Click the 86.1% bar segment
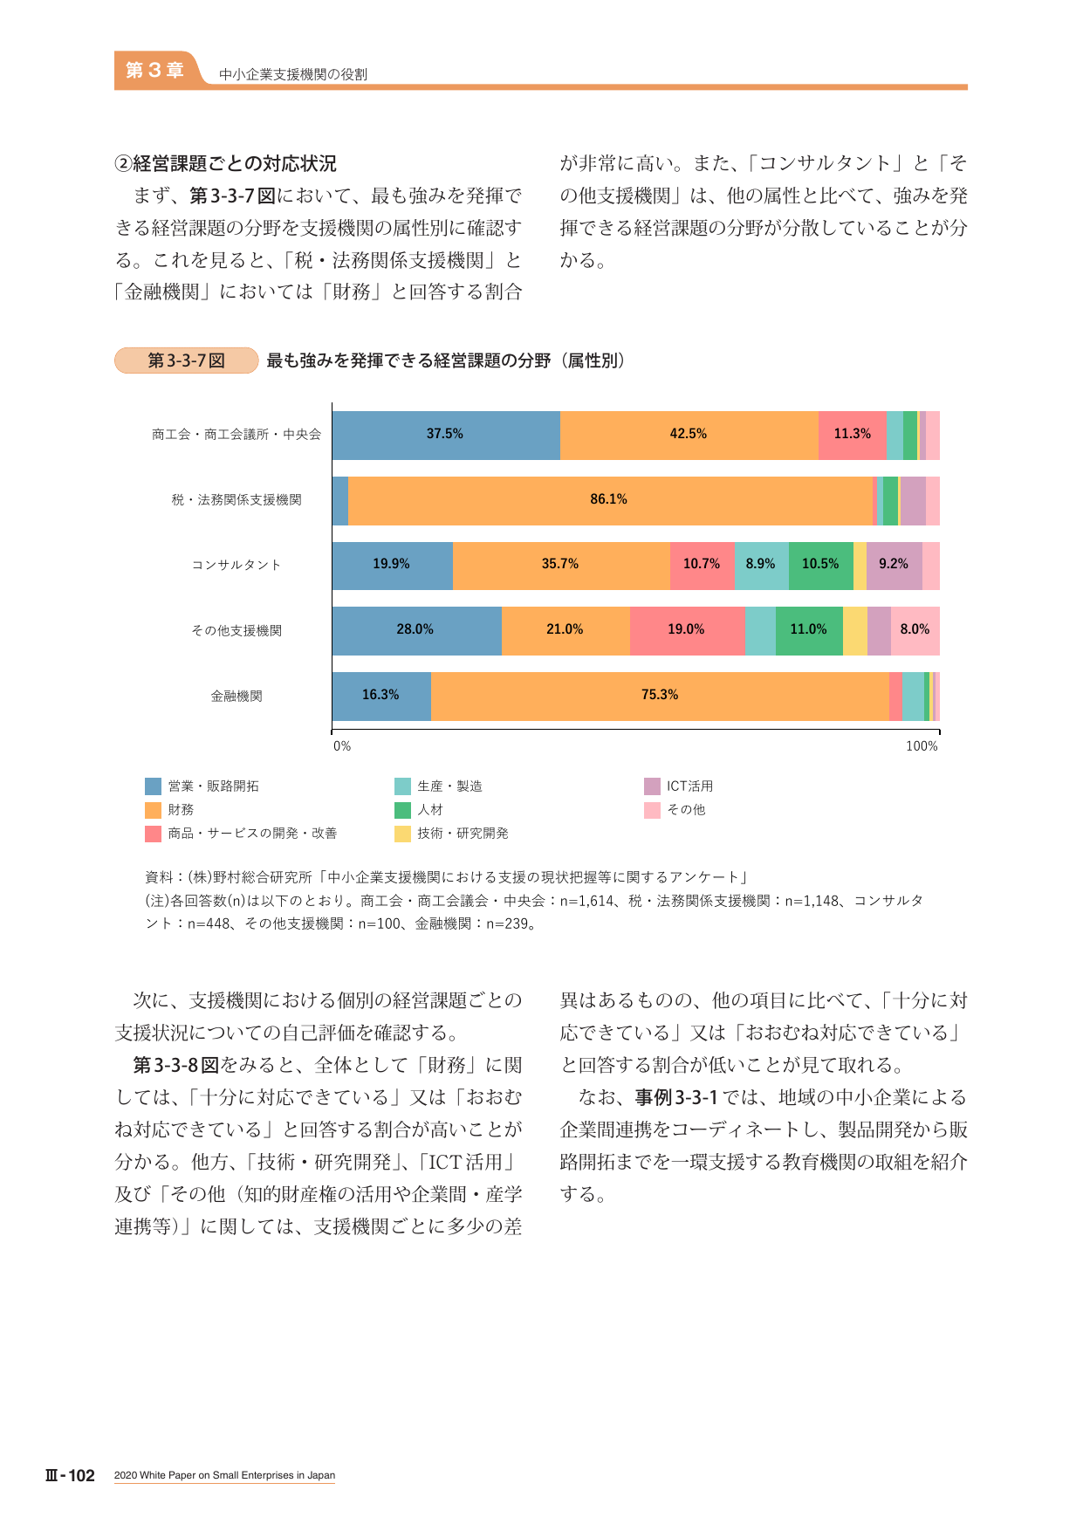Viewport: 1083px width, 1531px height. coord(610,501)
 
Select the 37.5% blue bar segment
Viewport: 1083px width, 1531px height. coord(446,436)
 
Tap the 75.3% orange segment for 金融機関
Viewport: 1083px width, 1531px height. coord(660,697)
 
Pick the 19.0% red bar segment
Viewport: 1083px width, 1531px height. coord(687,631)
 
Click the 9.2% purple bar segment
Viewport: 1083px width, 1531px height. coord(894,566)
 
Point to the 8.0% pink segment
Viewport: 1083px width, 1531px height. coord(915,631)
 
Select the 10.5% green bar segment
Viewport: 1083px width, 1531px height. coord(820,566)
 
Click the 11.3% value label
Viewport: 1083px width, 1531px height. coord(852,434)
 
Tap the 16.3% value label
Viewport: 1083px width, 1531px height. coord(380,695)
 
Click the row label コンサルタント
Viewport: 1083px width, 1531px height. coord(236,565)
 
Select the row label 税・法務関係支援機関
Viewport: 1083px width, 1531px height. coord(236,500)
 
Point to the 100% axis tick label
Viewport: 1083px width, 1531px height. coord(922,746)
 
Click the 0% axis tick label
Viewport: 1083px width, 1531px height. coord(342,746)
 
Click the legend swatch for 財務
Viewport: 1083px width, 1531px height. coord(153,810)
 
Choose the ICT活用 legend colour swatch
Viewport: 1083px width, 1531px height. coord(652,786)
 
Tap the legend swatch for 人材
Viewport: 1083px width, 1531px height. coord(402,810)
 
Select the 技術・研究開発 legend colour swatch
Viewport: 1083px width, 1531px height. coord(402,834)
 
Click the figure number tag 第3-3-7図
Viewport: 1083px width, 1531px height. coord(187,360)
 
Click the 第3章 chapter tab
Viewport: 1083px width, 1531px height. coord(154,70)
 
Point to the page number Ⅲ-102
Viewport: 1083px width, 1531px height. coord(70,1475)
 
